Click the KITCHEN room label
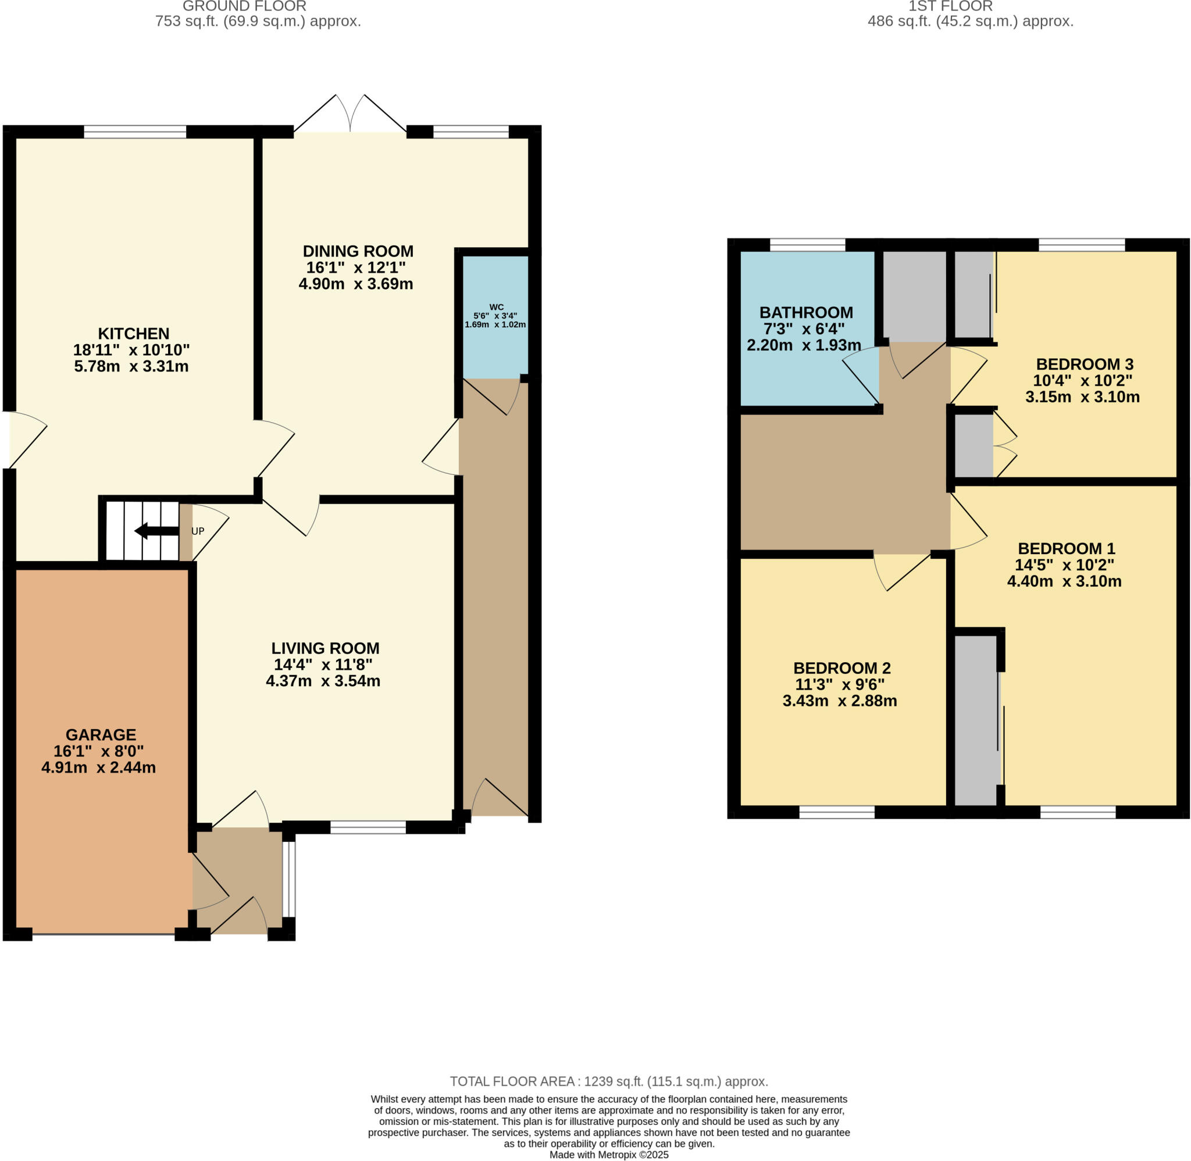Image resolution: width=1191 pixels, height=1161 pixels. click(134, 334)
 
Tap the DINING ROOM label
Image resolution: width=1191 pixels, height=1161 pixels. click(358, 251)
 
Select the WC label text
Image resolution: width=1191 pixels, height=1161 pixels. click(497, 307)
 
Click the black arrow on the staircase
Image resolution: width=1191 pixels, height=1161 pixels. click(156, 530)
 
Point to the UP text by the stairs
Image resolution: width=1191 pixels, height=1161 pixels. click(198, 531)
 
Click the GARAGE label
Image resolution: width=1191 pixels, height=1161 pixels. click(101, 735)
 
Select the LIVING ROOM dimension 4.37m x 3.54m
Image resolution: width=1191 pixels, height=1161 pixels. click(323, 681)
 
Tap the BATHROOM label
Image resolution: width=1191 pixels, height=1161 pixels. click(805, 313)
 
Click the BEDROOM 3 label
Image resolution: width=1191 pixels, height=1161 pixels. click(1084, 365)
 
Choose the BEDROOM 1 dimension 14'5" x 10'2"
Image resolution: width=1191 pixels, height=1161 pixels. click(1064, 565)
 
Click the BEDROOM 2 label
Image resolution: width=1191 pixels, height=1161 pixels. click(841, 669)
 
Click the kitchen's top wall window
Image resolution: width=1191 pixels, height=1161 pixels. click(135, 132)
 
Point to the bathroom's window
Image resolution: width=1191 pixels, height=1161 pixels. click(807, 245)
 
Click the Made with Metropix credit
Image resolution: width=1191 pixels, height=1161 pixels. click(609, 1154)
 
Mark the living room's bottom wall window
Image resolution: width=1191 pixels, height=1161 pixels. click(368, 827)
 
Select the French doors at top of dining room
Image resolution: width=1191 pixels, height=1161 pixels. click(350, 116)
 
